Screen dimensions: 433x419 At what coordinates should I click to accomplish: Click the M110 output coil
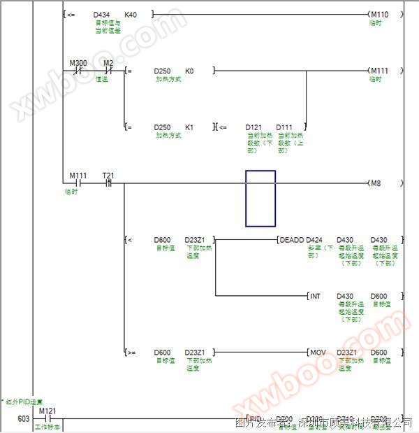[x=379, y=14]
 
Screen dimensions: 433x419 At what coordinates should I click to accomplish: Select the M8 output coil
[x=377, y=183]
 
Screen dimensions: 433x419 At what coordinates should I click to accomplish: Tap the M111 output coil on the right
[x=379, y=71]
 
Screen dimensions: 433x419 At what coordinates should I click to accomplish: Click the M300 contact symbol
[x=78, y=71]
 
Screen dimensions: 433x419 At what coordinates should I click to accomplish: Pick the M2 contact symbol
[x=108, y=71]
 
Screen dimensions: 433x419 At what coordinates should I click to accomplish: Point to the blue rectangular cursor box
[x=260, y=199]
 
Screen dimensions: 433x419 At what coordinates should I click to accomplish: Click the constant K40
[x=130, y=14]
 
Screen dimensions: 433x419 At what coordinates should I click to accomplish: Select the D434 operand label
[x=101, y=14]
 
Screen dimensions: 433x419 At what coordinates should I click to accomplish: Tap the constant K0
[x=189, y=71]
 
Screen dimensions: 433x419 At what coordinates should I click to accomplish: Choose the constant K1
[x=189, y=127]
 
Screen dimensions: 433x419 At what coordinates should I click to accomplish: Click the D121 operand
[x=253, y=127]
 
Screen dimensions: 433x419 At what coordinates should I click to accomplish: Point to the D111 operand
[x=284, y=127]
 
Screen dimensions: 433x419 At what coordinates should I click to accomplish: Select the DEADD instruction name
[x=291, y=240]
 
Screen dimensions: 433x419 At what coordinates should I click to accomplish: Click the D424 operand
[x=314, y=240]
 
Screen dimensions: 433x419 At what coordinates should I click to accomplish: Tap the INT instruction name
[x=315, y=296]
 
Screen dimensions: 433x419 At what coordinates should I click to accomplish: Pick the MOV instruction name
[x=318, y=353]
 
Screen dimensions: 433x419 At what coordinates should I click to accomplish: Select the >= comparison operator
[x=130, y=353]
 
